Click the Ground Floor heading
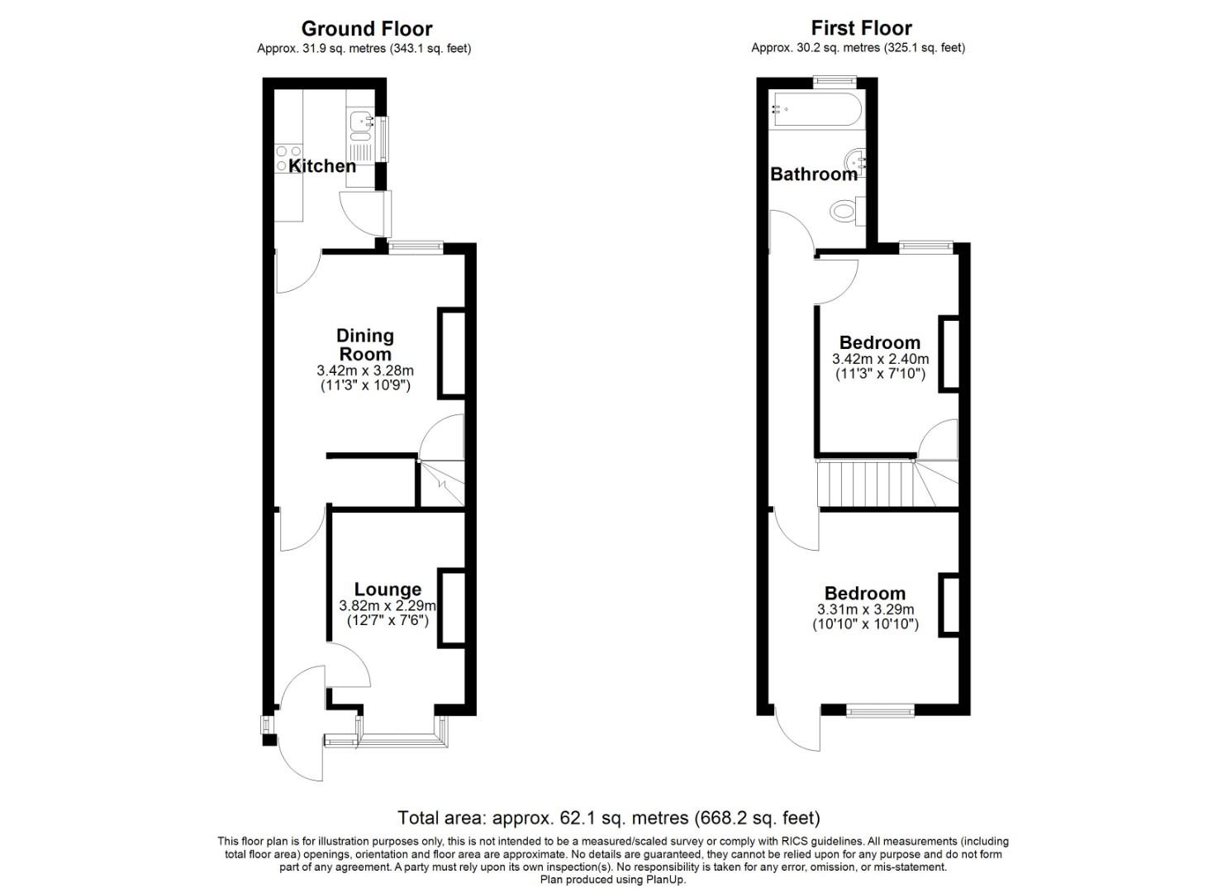[x=366, y=29]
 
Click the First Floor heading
[x=861, y=28]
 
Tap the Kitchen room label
[x=322, y=165]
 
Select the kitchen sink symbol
[x=360, y=123]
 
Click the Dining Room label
[x=364, y=345]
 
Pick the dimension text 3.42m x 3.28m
[x=364, y=370]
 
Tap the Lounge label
[x=388, y=589]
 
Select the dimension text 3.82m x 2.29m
[x=387, y=606]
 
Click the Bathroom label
[x=814, y=174]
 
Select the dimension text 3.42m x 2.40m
[x=880, y=360]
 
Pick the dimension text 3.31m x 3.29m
[x=865, y=610]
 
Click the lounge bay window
[x=401, y=738]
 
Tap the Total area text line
[x=609, y=818]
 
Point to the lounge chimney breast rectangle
[x=451, y=606]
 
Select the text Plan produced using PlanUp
[x=613, y=880]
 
